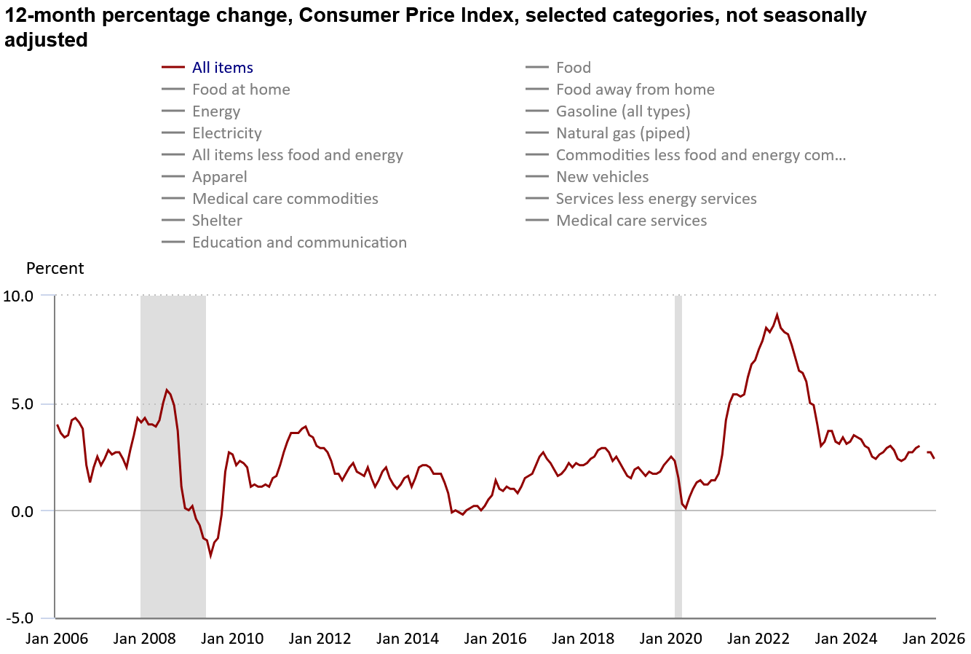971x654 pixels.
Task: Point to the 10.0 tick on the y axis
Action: [18, 296]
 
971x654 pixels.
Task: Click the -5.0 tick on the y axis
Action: [18, 618]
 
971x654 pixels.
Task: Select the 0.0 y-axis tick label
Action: [21, 511]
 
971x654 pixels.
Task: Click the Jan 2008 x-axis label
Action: [145, 639]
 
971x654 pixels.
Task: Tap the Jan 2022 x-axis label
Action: [758, 639]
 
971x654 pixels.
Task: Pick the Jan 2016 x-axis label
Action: [495, 639]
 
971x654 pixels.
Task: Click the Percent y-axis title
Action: [55, 268]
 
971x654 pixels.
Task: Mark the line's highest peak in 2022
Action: [777, 315]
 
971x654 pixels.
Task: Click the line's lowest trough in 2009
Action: [210, 556]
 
